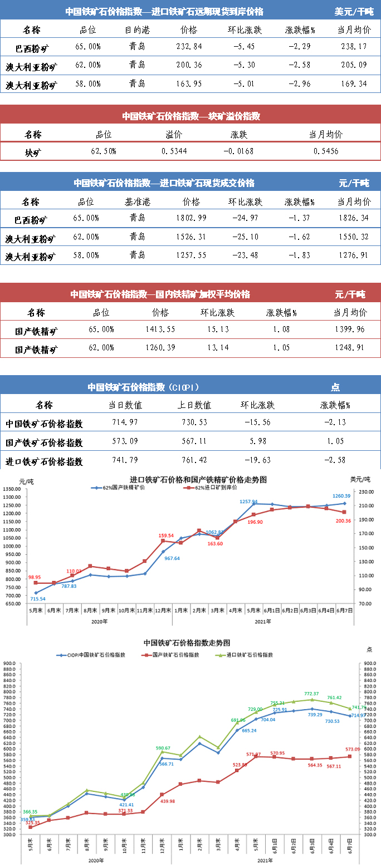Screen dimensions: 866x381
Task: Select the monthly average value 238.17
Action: click(355, 47)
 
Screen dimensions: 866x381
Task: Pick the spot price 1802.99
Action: click(190, 218)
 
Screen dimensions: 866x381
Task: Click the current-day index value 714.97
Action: click(125, 423)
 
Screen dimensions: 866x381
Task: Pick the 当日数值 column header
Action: click(125, 405)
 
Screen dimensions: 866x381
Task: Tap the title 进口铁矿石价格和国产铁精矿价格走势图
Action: click(198, 479)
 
